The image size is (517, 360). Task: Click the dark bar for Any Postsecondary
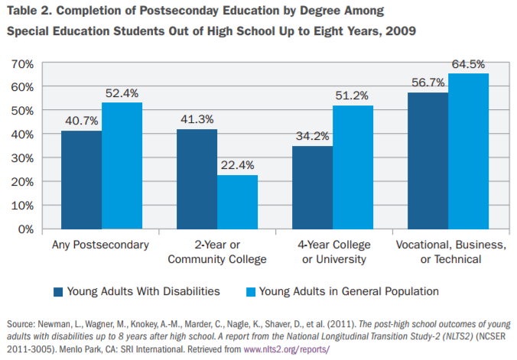[81, 180]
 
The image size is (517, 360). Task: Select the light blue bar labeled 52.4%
[122, 166]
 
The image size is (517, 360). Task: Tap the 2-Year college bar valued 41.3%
[197, 179]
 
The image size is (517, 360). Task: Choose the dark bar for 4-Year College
[312, 187]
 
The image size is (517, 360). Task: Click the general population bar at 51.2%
[353, 167]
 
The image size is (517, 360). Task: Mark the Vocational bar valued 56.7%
[428, 161]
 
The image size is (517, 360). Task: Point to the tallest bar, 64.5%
[468, 151]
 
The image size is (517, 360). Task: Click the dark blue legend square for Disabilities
[58, 291]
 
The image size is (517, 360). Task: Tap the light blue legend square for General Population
[250, 291]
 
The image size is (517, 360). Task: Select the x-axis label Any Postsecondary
[101, 245]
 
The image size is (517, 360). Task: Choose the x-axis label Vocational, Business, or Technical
[450, 251]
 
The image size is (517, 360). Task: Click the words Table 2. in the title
[29, 12]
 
